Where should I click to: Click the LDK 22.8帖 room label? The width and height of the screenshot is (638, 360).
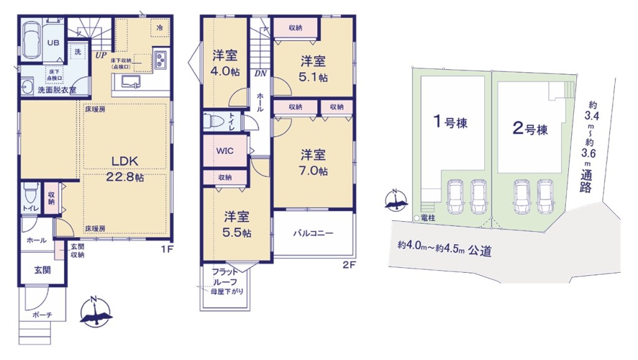point(125,168)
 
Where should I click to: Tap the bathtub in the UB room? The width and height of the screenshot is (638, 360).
point(31,40)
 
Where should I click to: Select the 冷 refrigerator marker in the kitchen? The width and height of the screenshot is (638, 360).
point(159,27)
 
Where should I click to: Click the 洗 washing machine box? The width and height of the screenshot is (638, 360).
point(77,52)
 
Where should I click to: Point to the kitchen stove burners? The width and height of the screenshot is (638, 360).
point(160,59)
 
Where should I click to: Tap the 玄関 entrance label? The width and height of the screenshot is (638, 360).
point(42,270)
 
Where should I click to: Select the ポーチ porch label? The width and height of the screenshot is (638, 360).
point(42,315)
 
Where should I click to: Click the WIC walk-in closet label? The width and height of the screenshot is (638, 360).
point(224,151)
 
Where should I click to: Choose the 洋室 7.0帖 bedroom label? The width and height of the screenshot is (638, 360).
point(313,163)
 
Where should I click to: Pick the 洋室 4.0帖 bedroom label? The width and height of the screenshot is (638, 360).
point(225,64)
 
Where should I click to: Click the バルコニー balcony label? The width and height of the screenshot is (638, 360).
point(313,234)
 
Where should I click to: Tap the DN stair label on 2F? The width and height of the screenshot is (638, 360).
point(260,73)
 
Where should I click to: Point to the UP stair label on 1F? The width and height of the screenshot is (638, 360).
point(101,55)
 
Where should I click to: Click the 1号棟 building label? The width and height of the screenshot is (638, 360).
point(450,121)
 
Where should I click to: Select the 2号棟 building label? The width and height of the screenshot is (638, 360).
point(530,129)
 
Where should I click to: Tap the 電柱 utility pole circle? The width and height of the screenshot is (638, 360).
point(416,219)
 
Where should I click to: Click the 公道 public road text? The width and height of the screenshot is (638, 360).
point(480,250)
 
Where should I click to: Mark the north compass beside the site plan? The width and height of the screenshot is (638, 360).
point(396,201)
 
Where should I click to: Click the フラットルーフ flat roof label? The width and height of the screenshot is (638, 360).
point(224,277)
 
